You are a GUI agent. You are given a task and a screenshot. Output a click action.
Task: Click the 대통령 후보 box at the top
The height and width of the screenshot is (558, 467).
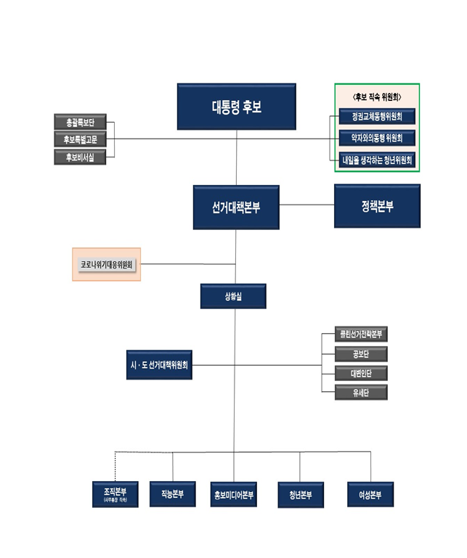tap(236, 107)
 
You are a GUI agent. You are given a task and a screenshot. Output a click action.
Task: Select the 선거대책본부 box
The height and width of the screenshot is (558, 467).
tap(236, 207)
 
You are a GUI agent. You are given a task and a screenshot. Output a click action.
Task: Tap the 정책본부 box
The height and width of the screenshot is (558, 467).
tap(377, 206)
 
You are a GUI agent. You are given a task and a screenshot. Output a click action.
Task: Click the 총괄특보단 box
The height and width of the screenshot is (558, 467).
tap(80, 122)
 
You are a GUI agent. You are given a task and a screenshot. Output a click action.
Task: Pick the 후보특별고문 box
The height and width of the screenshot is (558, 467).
tap(80, 139)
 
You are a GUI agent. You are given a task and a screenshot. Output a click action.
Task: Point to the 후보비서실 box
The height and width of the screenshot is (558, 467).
tap(80, 157)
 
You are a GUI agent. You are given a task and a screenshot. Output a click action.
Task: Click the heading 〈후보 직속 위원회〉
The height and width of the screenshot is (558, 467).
tap(377, 96)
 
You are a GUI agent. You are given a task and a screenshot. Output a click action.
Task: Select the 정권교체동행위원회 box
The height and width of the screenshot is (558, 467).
tap(377, 116)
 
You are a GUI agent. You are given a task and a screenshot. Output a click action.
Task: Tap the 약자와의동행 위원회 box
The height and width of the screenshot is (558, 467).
tap(377, 137)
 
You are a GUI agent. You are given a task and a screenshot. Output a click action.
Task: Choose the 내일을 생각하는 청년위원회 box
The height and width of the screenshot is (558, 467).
tap(377, 159)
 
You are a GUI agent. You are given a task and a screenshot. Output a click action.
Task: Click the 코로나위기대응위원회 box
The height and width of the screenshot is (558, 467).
tap(107, 265)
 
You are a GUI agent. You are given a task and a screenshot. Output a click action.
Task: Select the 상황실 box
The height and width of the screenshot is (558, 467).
tap(233, 296)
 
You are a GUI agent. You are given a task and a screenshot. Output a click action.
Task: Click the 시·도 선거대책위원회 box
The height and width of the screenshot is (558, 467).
tap(159, 366)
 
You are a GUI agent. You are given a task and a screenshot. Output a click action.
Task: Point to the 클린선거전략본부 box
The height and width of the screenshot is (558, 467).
tap(361, 335)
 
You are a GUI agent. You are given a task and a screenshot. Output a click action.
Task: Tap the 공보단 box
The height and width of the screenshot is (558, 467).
tap(361, 354)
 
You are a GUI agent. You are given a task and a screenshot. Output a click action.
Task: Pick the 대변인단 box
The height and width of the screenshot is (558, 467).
tap(361, 374)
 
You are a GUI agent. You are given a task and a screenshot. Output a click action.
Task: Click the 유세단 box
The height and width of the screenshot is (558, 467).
tap(361, 393)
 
